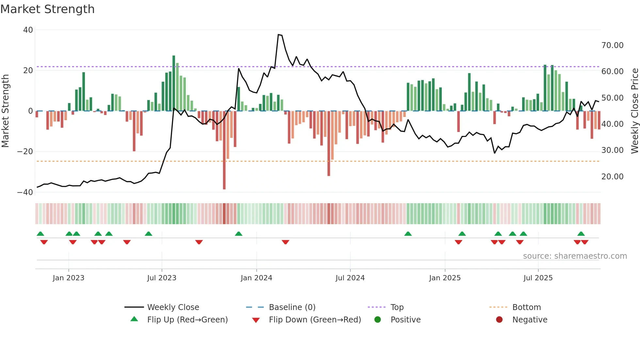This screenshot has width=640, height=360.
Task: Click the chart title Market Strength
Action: [47, 9]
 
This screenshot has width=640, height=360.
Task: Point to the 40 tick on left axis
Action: [28, 30]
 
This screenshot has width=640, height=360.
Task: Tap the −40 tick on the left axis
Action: [25, 192]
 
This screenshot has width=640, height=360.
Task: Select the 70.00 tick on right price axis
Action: [612, 45]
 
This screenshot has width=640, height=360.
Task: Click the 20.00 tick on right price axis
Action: [612, 177]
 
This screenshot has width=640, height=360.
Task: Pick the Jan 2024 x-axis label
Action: [256, 278]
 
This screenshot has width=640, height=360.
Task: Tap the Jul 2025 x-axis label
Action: [538, 278]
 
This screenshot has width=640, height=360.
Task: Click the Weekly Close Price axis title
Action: [634, 111]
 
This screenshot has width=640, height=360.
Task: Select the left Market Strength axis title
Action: [6, 111]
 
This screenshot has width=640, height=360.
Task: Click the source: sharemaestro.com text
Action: [575, 256]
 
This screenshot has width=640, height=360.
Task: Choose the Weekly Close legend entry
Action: [173, 307]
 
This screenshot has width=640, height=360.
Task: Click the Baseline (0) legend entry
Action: [292, 307]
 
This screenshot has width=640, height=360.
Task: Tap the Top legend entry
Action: [397, 307]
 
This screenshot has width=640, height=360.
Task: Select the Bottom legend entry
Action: [526, 307]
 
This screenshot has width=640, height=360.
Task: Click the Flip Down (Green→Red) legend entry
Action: [315, 320]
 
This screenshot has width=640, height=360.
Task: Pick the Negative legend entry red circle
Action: [499, 320]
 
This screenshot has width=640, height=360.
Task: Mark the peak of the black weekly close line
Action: [279, 34]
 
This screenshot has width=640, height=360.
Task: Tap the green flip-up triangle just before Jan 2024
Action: [239, 234]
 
